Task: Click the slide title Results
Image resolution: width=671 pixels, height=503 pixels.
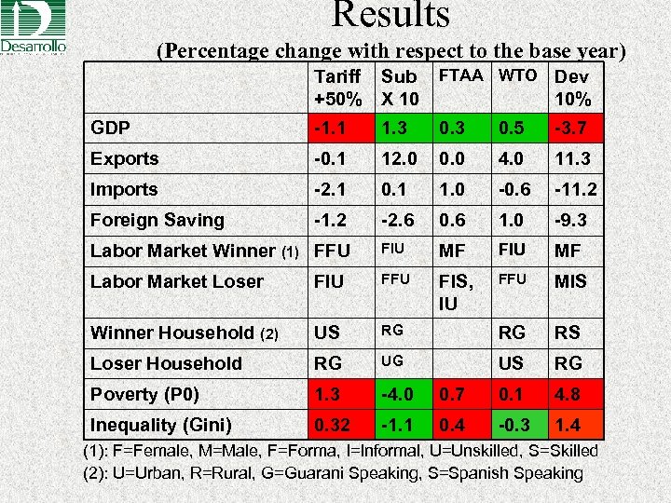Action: coord(390,14)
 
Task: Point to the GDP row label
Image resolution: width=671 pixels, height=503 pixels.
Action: coord(110,128)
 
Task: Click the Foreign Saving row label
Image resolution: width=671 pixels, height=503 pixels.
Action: coord(157,220)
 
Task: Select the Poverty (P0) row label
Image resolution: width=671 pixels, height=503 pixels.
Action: coord(144,394)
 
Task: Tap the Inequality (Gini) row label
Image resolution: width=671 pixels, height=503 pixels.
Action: coord(160,425)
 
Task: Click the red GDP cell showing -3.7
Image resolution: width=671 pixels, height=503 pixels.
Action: coord(573,128)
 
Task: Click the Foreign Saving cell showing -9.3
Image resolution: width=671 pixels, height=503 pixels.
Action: coord(573,220)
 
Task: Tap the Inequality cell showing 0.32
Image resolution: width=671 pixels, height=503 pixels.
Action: coord(336,425)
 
